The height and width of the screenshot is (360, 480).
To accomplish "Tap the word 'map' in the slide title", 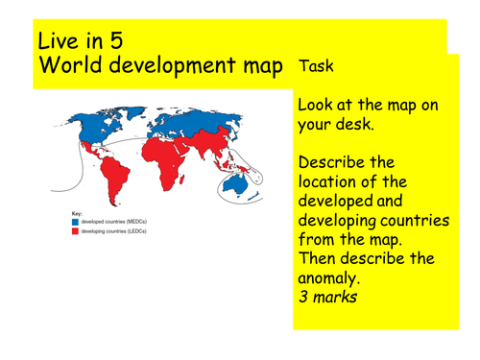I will [x=260, y=67].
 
